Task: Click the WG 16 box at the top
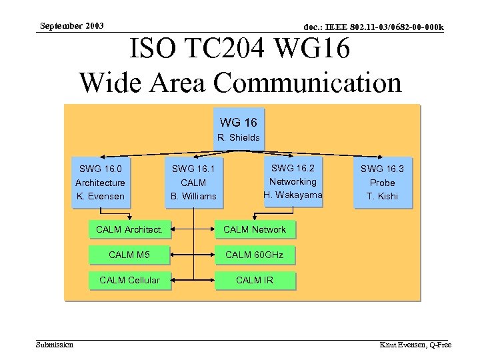238,129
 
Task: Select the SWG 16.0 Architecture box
100,182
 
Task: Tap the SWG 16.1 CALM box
193,182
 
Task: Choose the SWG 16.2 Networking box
293,181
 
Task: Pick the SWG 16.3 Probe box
382,182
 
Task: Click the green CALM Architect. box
129,229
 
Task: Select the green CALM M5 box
129,255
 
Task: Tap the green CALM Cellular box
129,280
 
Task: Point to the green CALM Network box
254,229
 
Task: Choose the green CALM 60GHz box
254,255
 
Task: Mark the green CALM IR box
254,280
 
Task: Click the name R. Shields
238,138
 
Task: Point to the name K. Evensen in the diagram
100,196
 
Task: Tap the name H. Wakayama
293,195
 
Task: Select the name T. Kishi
382,196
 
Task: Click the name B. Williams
193,196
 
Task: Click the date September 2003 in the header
71,26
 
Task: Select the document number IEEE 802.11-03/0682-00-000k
373,27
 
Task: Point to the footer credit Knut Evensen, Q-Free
415,345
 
